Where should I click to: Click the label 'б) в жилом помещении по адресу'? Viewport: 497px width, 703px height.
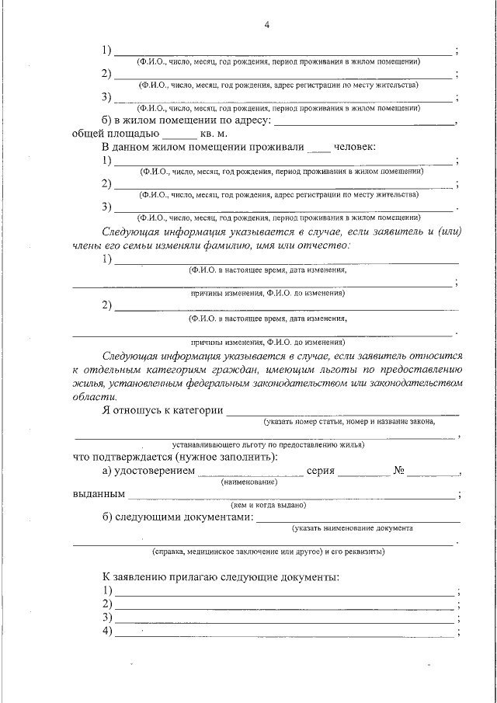(186, 120)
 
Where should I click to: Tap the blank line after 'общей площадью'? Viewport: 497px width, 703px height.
(181, 134)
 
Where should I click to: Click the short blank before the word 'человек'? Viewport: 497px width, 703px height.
(318, 148)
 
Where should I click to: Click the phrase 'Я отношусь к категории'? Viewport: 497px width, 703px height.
(162, 410)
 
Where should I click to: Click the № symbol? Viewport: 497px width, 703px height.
(401, 471)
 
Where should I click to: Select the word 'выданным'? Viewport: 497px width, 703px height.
(99, 493)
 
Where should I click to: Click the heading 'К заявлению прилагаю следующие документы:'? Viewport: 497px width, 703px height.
(221, 578)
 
